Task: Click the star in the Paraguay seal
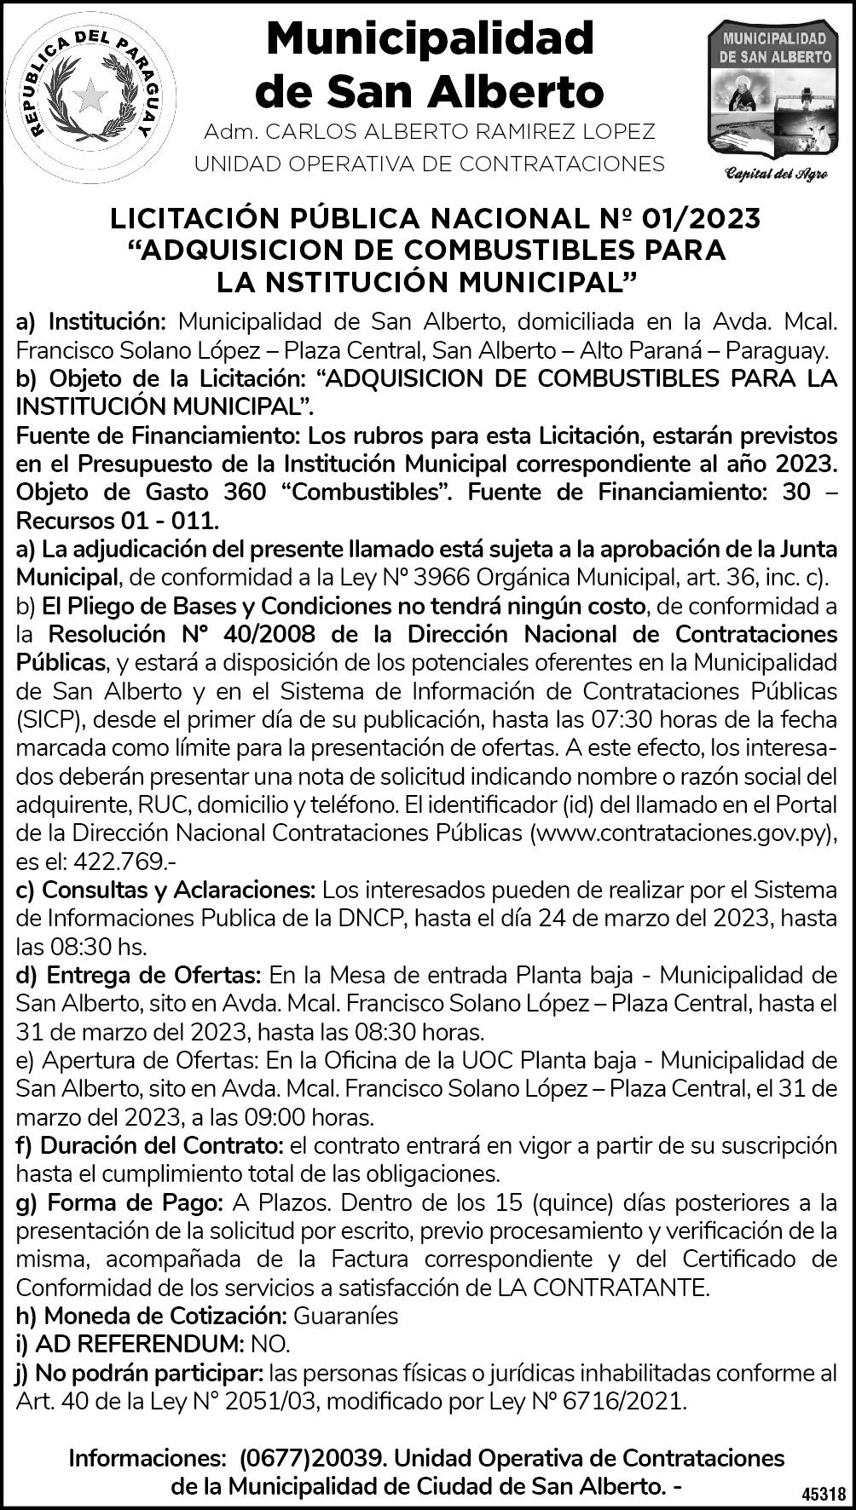(90, 96)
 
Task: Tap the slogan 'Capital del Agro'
(774, 175)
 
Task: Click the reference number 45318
(824, 1494)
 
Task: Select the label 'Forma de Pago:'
(120, 1202)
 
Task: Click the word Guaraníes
(346, 1315)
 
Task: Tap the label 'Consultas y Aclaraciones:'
(166, 890)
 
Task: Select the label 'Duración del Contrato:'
(150, 1145)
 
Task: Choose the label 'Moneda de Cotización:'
(150, 1315)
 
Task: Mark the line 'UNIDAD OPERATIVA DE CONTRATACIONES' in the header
(430, 164)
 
